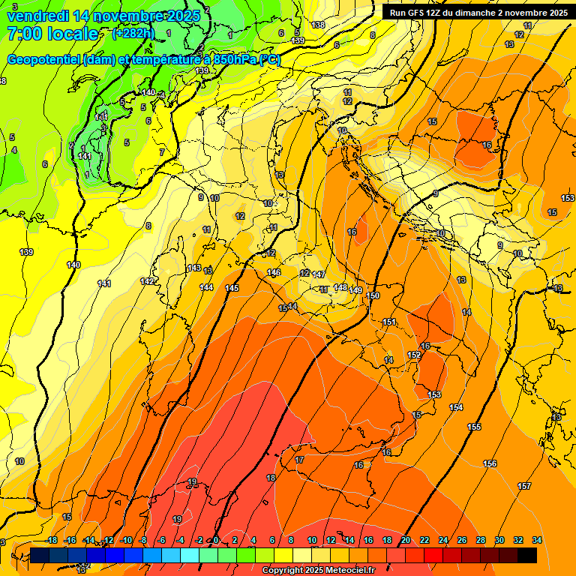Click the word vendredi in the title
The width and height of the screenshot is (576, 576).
pyautogui.click(x=39, y=16)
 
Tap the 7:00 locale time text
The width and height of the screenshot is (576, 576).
pyautogui.click(x=52, y=34)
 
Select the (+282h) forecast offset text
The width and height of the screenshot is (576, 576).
pyautogui.click(x=133, y=34)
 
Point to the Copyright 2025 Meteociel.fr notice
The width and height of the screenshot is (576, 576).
pyautogui.click(x=318, y=571)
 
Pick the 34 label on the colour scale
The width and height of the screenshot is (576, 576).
pyautogui.click(x=536, y=540)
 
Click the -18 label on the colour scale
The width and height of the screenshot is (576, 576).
pyautogui.click(x=51, y=540)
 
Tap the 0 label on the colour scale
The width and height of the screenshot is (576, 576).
pyautogui.click(x=216, y=540)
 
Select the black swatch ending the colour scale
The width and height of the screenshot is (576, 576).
pyautogui.click(x=527, y=555)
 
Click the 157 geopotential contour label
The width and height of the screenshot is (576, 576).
pyautogui.click(x=524, y=487)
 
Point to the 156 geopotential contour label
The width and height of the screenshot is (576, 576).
pyautogui.click(x=490, y=464)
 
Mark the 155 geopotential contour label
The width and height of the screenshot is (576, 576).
pyautogui.click(x=474, y=427)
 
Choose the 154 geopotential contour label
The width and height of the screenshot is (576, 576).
pyautogui.click(x=456, y=407)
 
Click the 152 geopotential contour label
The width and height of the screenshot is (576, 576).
pyautogui.click(x=414, y=355)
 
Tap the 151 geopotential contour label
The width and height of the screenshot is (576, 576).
pyautogui.click(x=389, y=322)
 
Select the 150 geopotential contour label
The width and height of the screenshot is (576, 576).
pyautogui.click(x=373, y=296)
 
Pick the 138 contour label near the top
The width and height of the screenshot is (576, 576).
pyautogui.click(x=318, y=25)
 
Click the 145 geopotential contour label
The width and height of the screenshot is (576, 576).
pyautogui.click(x=232, y=288)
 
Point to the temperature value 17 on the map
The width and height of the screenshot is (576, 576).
pyautogui.click(x=300, y=459)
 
